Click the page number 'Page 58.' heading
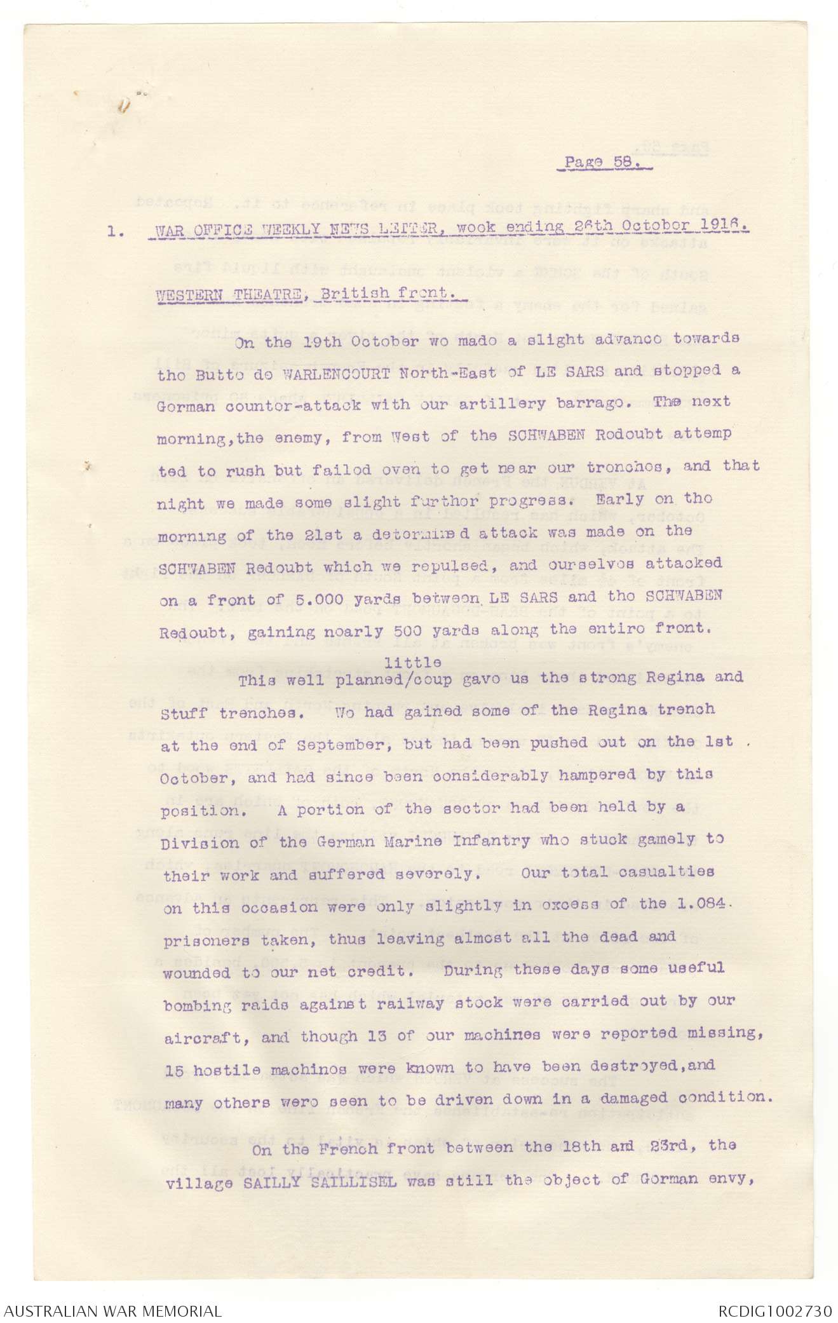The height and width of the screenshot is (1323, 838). [599, 163]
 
